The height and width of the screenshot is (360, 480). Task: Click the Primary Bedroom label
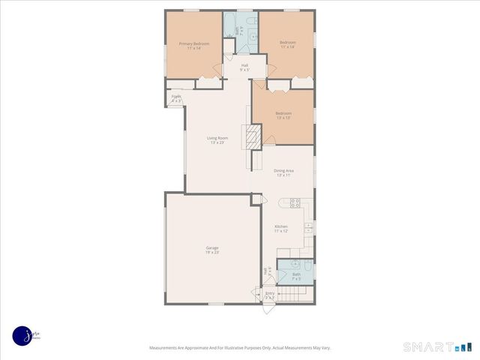193,46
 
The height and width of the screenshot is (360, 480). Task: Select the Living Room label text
217,139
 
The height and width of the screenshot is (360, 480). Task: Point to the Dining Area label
284,172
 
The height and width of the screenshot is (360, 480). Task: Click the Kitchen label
281,228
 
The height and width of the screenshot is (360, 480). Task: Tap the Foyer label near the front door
176,98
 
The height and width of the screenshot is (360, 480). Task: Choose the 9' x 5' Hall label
244,67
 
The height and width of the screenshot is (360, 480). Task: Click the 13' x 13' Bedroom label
283,115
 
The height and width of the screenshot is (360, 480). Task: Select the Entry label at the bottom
270,295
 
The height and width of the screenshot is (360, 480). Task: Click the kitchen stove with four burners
295,202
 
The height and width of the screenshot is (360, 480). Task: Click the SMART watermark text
427,346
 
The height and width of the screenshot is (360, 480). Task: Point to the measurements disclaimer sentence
240,347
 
